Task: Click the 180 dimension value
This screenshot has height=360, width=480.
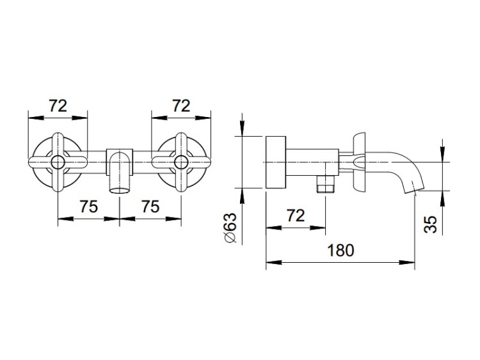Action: (340, 250)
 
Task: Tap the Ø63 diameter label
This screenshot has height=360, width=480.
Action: (231, 228)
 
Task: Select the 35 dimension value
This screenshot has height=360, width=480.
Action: (430, 224)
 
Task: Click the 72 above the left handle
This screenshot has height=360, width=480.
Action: (58, 106)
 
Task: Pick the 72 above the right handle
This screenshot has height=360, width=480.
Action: (181, 106)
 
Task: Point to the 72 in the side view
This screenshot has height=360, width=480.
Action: (296, 215)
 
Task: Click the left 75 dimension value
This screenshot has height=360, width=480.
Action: (89, 206)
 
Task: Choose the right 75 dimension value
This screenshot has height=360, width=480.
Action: (150, 206)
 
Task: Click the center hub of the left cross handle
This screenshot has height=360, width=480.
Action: (58, 162)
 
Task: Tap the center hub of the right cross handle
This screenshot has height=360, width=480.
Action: (181, 162)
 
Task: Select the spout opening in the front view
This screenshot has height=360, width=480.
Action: (120, 191)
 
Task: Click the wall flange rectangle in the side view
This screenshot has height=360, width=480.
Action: (276, 162)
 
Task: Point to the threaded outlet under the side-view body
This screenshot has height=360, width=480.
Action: (325, 184)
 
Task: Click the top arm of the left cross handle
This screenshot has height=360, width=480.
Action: (58, 144)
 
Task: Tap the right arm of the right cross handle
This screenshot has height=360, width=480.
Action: (199, 162)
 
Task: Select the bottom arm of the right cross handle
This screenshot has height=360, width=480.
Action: (181, 180)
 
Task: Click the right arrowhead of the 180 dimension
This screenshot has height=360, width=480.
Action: (407, 262)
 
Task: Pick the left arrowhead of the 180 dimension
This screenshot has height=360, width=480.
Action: (274, 262)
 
